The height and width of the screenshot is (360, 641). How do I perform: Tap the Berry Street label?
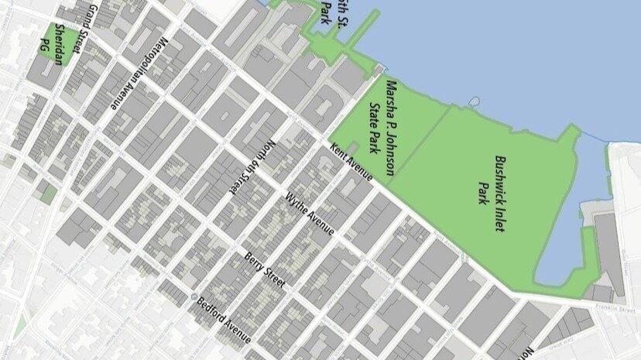point(265,269)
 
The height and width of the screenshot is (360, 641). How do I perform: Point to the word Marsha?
point(391,96)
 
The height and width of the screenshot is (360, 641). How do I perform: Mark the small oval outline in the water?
point(474,101)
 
